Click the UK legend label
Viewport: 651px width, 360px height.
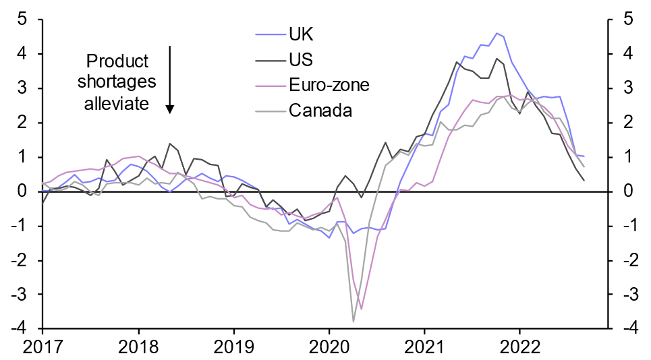point(301,33)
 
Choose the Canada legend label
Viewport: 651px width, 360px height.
point(320,110)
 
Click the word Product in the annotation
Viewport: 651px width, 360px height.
point(117,62)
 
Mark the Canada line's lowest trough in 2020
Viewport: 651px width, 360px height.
point(353,322)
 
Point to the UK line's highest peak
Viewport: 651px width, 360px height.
point(497,33)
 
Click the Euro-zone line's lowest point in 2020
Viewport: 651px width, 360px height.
point(362,309)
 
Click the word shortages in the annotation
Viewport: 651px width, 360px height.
point(117,82)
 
